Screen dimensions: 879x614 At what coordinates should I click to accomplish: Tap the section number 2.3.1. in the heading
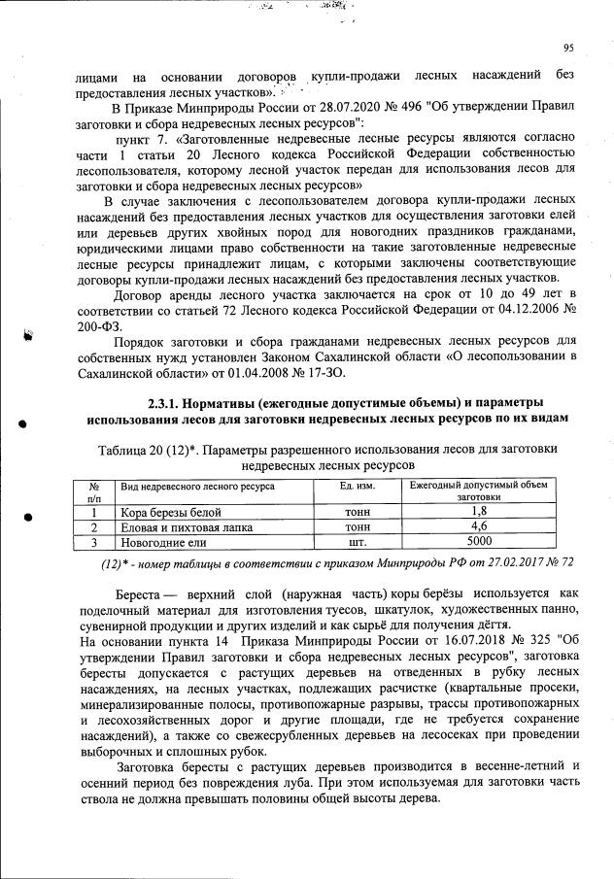click(x=170, y=403)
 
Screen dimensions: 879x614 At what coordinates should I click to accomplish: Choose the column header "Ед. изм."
click(x=344, y=485)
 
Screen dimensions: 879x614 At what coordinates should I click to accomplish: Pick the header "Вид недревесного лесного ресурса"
click(x=196, y=485)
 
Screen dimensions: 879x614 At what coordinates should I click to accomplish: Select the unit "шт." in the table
click(x=344, y=544)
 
